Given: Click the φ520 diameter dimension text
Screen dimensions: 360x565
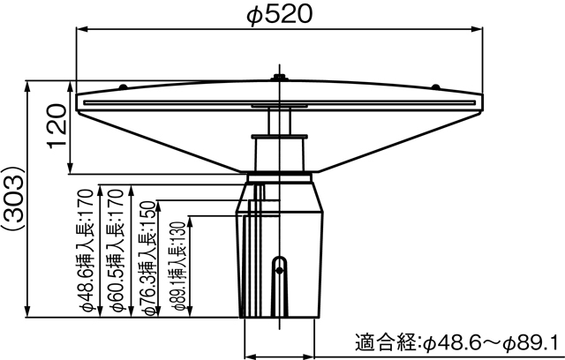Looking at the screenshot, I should tap(279, 13).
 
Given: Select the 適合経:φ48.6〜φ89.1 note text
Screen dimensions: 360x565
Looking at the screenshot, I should tap(456, 341).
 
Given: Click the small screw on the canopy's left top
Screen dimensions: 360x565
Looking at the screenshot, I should tap(124, 86).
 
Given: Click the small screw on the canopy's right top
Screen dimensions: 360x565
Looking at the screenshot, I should tap(433, 86).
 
